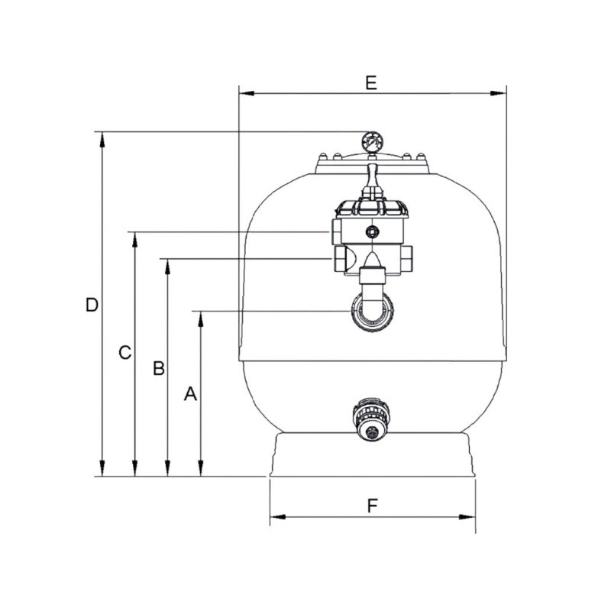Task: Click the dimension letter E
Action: tap(371, 83)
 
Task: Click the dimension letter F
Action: tap(373, 506)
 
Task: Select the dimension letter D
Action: tap(92, 305)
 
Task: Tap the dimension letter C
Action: tap(124, 352)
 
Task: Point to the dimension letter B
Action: tap(159, 368)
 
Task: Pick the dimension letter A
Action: tap(190, 394)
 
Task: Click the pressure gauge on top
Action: tap(372, 143)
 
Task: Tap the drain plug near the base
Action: tap(371, 419)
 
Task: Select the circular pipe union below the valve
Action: tap(372, 312)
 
